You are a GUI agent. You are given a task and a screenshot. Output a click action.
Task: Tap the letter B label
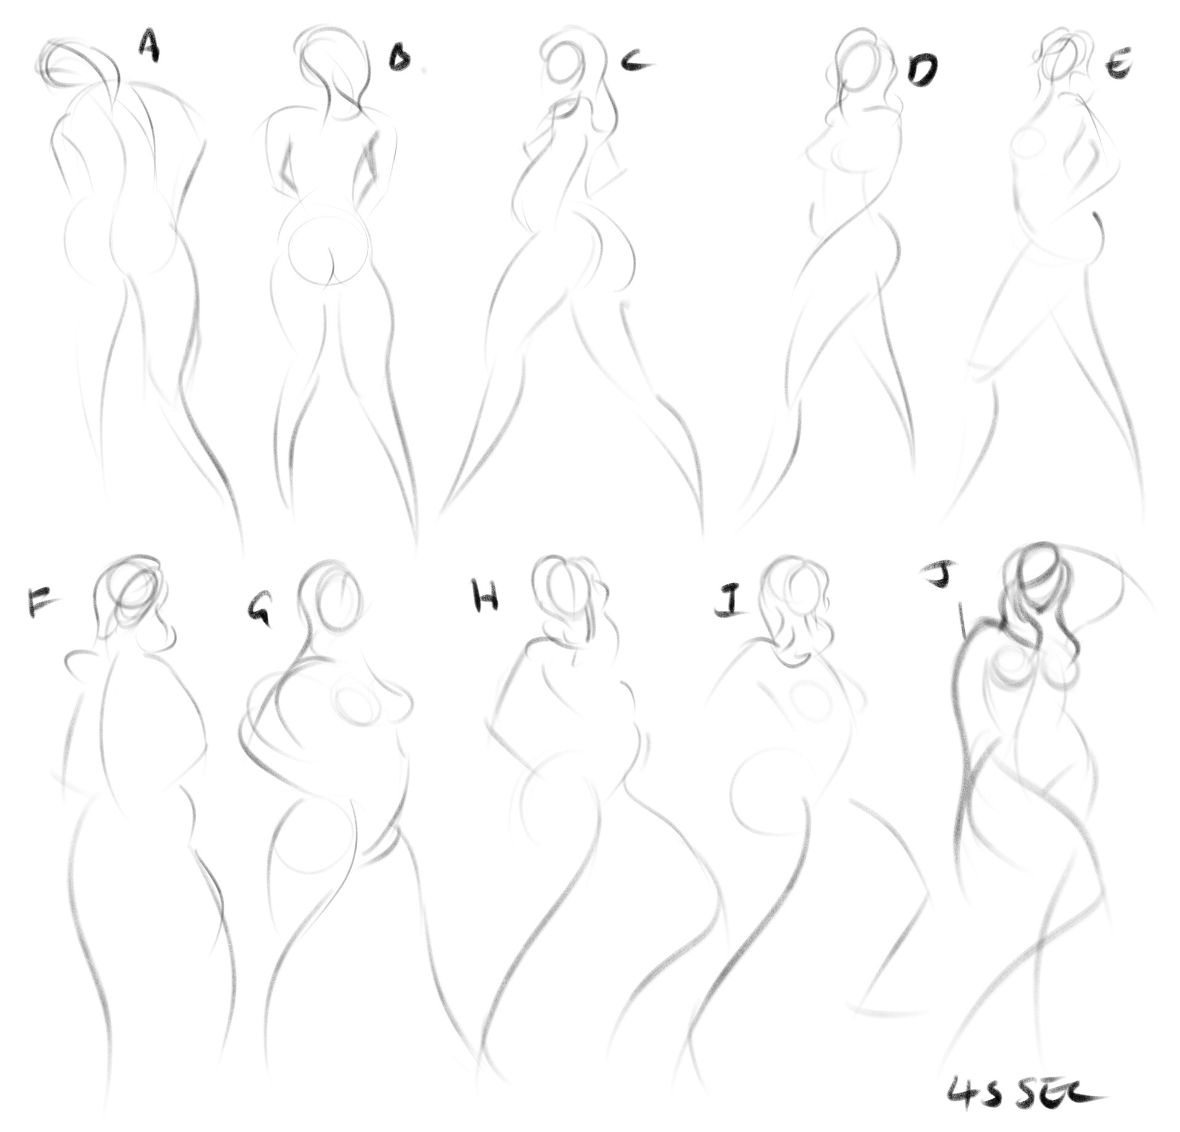click(400, 60)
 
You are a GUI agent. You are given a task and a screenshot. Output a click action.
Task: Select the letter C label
click(635, 60)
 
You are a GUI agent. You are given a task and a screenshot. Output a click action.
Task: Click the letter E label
click(1119, 66)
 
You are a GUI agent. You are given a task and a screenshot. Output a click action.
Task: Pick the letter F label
click(40, 602)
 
